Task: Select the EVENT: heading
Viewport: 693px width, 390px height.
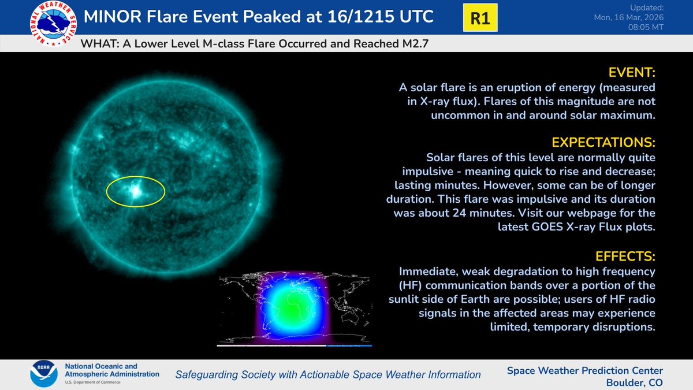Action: pyautogui.click(x=632, y=73)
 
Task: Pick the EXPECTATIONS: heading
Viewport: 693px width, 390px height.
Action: pyautogui.click(x=603, y=142)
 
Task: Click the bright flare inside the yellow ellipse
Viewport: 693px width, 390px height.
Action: pyautogui.click(x=137, y=190)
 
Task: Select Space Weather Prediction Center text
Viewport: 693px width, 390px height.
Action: pyautogui.click(x=584, y=370)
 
